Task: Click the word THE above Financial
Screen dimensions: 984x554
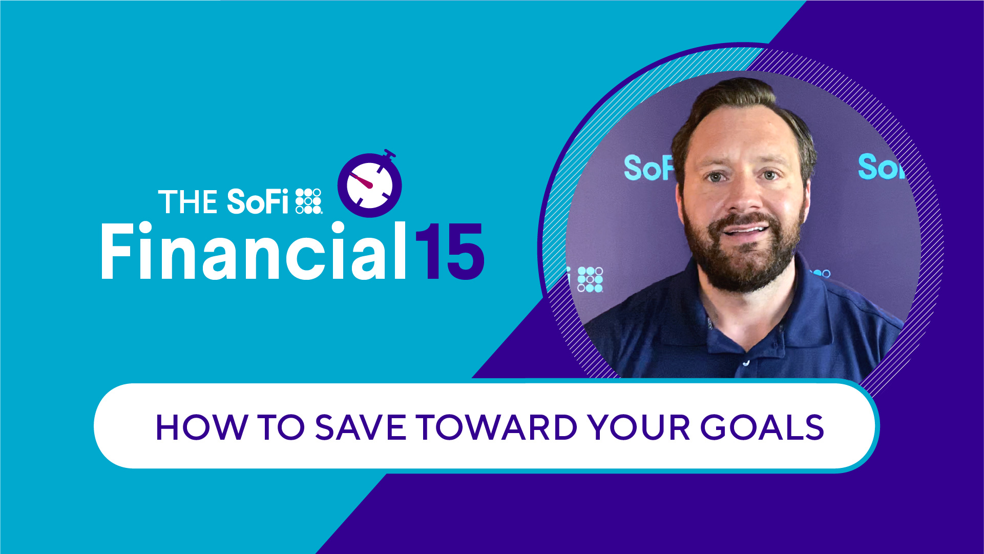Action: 187,202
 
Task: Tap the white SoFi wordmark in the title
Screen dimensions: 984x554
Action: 258,201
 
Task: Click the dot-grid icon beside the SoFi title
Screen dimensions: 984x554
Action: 309,201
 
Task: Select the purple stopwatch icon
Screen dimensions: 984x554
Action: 370,183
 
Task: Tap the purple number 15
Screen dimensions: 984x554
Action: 449,252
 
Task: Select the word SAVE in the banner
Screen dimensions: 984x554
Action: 361,427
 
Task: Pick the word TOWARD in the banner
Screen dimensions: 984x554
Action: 497,427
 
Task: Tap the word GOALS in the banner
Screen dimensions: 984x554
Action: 762,427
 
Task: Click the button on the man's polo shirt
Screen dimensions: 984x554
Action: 746,363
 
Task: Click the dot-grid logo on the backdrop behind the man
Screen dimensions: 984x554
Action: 590,279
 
